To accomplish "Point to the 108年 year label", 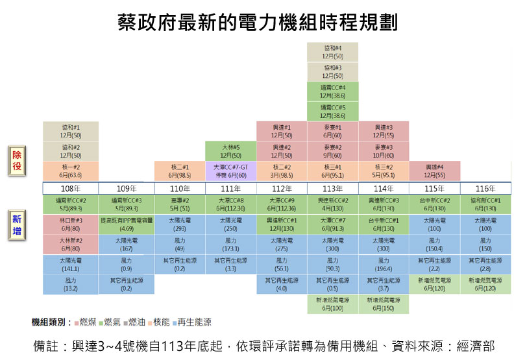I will (x=70, y=188).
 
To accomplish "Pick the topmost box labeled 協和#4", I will (x=333, y=52).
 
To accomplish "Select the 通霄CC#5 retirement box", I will (x=333, y=111).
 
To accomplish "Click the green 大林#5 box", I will (x=231, y=151).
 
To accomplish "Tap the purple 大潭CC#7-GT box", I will (x=231, y=171).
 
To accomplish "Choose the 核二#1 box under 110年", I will (x=180, y=171).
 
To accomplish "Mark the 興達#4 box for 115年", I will (x=435, y=171).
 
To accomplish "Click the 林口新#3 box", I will (x=71, y=224).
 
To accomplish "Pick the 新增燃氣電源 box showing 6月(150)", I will (x=384, y=304).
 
